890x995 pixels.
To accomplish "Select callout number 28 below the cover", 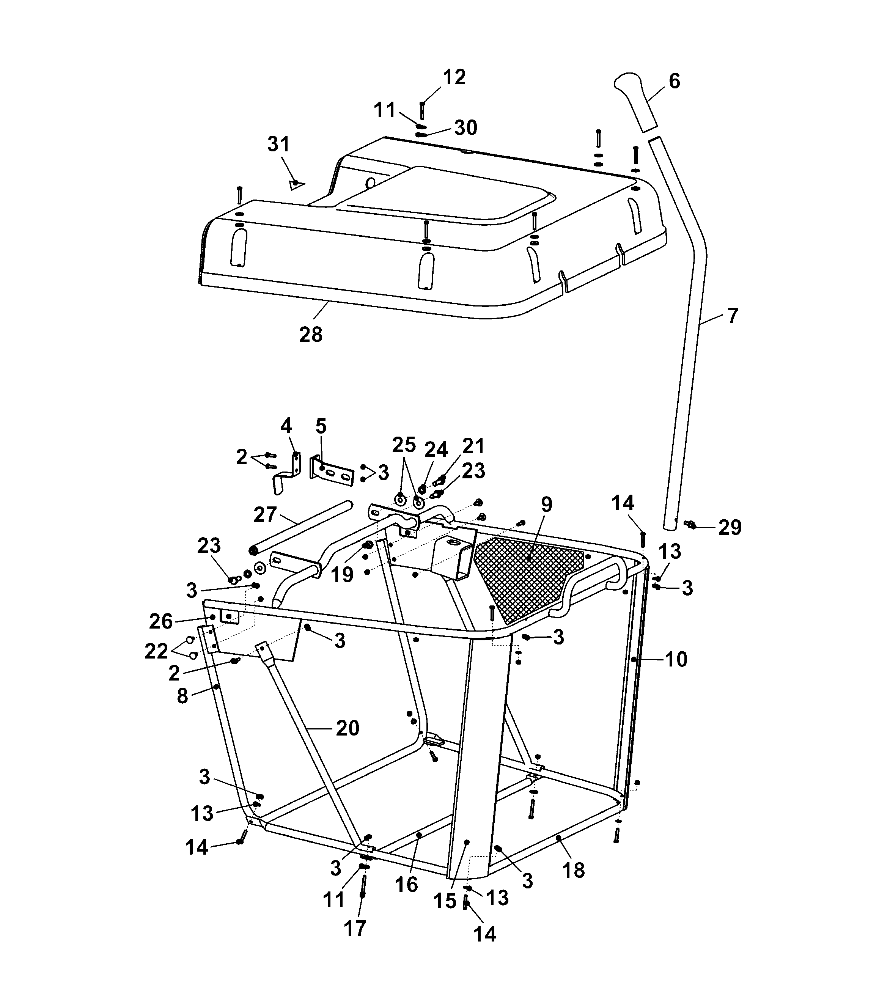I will click(x=311, y=335).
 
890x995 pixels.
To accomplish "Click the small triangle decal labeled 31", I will click(x=296, y=184).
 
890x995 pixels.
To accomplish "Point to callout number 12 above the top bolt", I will click(x=454, y=77).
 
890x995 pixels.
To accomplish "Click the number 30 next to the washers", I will click(x=465, y=128).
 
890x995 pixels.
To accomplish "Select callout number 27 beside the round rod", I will click(x=265, y=514).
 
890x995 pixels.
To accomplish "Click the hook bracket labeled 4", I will click(x=289, y=474).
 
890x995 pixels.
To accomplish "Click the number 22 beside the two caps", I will click(x=156, y=652).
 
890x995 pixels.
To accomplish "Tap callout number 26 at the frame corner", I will click(x=161, y=621).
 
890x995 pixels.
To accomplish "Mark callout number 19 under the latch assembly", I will click(x=342, y=575).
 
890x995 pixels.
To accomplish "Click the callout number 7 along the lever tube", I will click(x=732, y=316).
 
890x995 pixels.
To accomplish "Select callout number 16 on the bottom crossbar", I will click(x=406, y=884).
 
